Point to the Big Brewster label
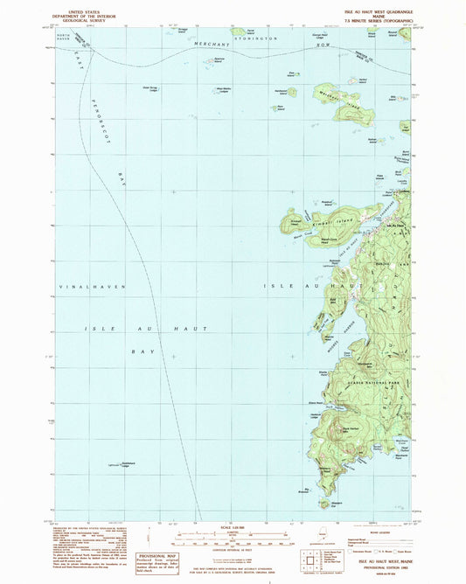point(305,488)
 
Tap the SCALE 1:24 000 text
point(233,528)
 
